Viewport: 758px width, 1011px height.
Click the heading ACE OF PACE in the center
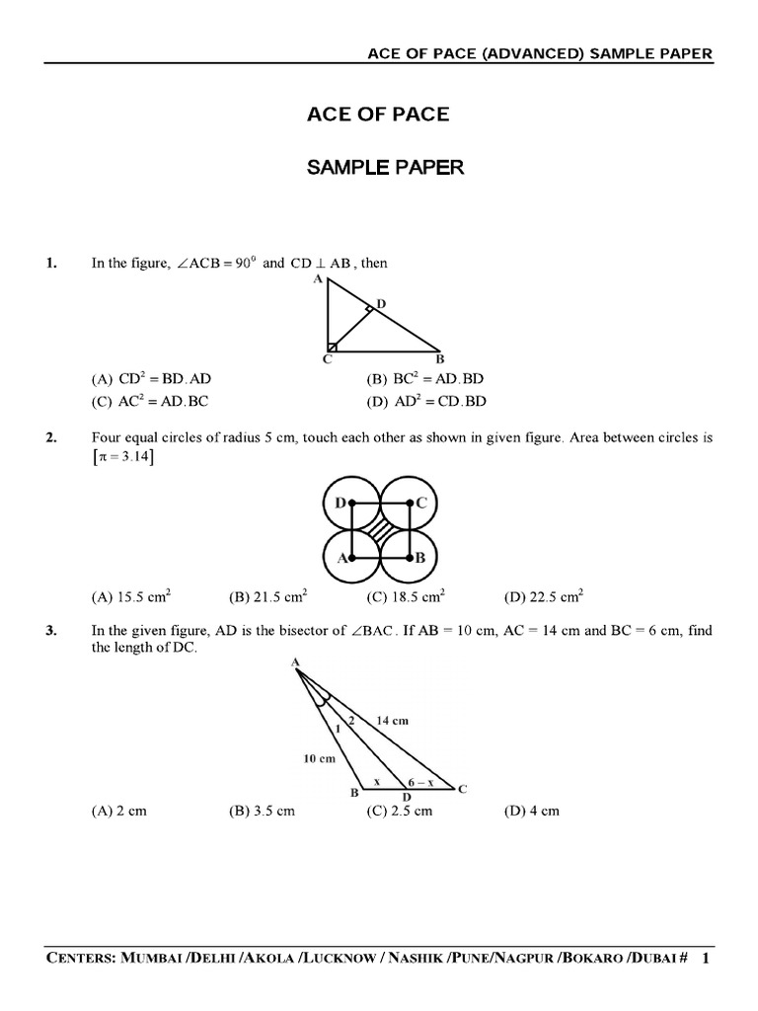[379, 115]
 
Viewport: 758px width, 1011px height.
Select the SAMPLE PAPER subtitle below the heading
[385, 168]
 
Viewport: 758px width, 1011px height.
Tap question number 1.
[50, 264]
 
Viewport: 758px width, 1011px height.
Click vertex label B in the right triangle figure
[440, 359]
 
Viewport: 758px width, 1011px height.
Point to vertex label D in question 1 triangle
[381, 303]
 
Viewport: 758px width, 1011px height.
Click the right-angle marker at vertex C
[334, 346]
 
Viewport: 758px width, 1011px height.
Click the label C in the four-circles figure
[420, 504]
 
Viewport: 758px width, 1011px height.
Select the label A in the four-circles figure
[341, 558]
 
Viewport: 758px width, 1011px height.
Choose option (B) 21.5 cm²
[267, 596]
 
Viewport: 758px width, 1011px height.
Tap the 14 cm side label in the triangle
[393, 722]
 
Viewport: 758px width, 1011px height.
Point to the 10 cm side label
[320, 759]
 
